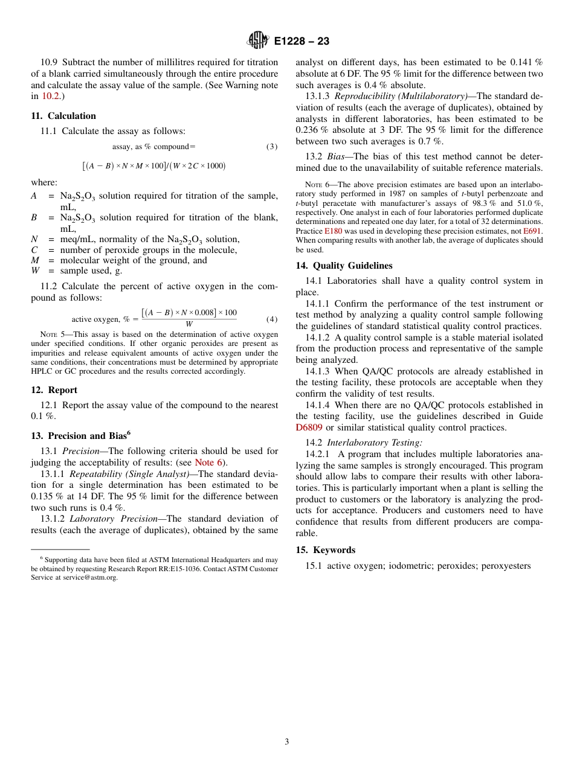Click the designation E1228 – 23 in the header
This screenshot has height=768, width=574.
[302, 42]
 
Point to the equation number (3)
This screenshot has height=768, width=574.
[272, 147]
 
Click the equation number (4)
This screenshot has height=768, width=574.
[272, 319]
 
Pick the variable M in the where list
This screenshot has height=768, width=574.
[35, 260]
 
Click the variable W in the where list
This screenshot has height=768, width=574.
[36, 271]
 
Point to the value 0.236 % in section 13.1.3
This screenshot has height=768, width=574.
[310, 130]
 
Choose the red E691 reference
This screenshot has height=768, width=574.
[533, 231]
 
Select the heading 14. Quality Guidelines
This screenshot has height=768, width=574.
[344, 266]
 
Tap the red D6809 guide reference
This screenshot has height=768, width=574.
[309, 427]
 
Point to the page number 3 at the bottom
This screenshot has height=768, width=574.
[287, 741]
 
